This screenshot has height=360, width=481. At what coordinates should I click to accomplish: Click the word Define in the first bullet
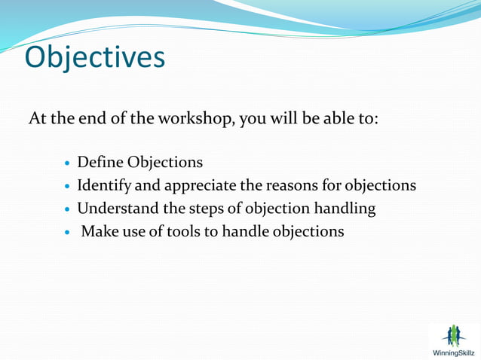coord(100,162)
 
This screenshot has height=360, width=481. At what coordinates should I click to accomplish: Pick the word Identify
coord(105,185)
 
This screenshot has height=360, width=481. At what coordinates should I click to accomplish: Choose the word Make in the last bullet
coord(97,231)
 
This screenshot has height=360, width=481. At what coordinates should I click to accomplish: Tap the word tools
coord(180,231)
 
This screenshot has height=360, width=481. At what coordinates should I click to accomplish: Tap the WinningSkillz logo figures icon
coord(453,335)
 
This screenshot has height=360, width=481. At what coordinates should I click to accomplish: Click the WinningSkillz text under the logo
coord(453,352)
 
